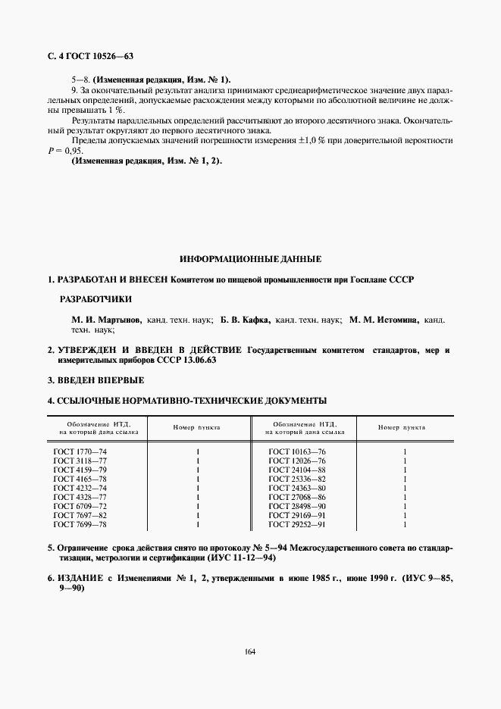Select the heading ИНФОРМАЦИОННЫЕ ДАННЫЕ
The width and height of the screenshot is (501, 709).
coord(250,258)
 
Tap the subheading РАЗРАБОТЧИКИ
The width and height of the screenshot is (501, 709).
coord(96,299)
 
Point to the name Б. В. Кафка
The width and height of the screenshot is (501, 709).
coord(246,320)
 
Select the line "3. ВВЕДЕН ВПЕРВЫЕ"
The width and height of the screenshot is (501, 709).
coord(96,379)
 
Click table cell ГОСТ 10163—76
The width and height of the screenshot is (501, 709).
coord(297,451)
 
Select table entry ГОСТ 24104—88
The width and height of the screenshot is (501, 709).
coord(297,470)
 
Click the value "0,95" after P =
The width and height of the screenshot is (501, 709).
coord(73,150)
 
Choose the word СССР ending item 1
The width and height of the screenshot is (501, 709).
coord(402,280)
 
